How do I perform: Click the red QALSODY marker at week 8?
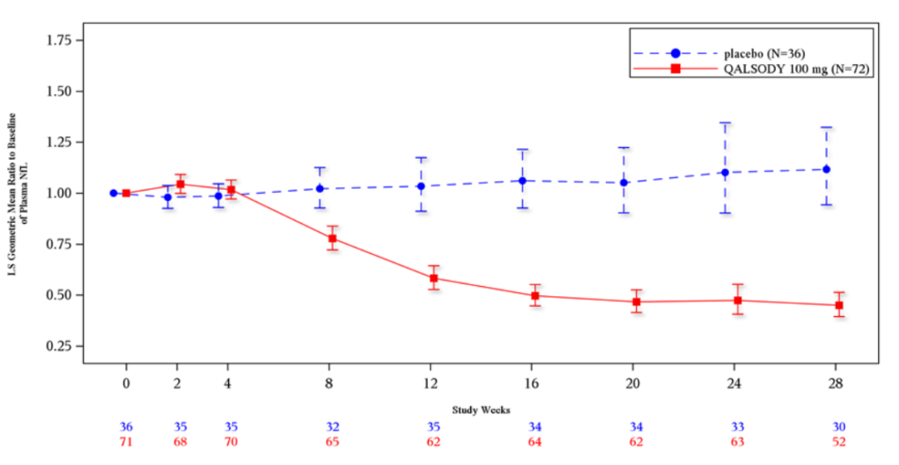[332, 238]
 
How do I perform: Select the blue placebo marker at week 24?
[725, 172]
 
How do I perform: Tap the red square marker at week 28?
[839, 305]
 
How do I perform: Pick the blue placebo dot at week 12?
[421, 186]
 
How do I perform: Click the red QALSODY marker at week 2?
[181, 184]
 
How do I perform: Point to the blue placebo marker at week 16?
[523, 180]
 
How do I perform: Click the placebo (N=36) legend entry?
[748, 52]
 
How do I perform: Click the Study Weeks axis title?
[480, 410]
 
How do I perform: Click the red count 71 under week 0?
[127, 442]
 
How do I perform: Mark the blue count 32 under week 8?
[333, 427]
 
